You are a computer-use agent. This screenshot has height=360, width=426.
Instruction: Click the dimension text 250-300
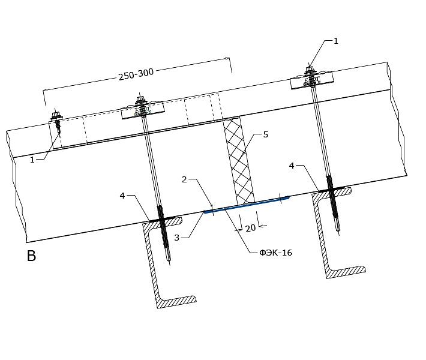coord(136,75)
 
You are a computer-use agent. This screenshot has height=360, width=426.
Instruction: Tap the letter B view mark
coord(31,257)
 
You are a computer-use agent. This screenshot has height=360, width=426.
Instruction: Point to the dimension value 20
coord(250,228)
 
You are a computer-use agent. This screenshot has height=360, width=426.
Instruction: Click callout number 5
coord(265,134)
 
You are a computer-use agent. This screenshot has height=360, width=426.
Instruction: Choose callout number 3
coord(177,238)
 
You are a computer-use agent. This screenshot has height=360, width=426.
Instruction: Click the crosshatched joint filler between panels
coord(239,161)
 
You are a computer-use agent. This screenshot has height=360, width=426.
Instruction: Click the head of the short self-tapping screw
coord(57,113)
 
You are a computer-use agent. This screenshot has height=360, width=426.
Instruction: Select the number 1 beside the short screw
coord(32,160)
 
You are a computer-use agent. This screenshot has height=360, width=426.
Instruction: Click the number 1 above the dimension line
coord(336,41)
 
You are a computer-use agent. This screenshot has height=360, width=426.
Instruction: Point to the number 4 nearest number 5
coord(292,165)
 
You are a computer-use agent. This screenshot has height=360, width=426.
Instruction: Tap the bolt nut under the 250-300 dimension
coord(140,100)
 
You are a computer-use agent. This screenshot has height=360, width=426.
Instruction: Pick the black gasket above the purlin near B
coord(160,219)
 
